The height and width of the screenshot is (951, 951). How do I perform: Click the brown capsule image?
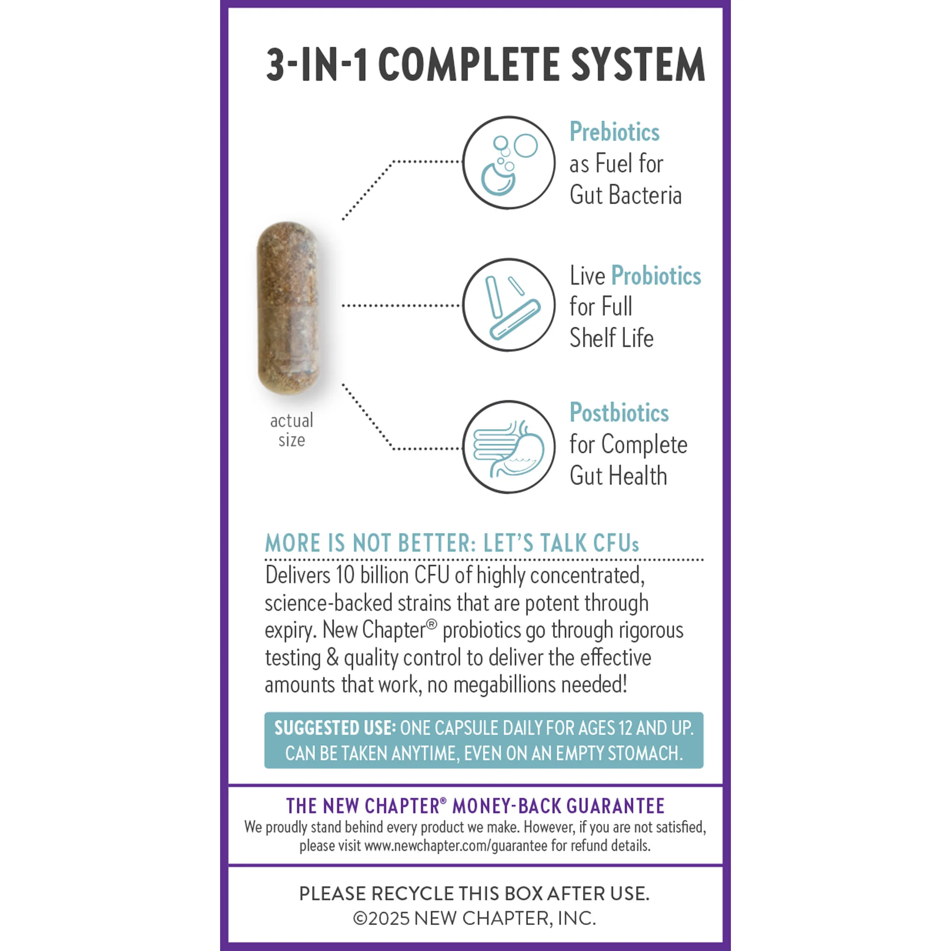pyautogui.click(x=288, y=308)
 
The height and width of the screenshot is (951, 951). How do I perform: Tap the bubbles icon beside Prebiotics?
pyautogui.click(x=508, y=163)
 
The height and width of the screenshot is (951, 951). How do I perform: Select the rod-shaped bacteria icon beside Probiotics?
pyautogui.click(x=508, y=305)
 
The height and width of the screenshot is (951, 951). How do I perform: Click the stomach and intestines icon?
pyautogui.click(x=508, y=447)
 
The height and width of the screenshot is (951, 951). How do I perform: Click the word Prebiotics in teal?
pyautogui.click(x=614, y=132)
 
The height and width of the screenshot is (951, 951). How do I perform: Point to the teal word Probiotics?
pyautogui.click(x=656, y=276)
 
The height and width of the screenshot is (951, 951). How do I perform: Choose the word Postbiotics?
pyautogui.click(x=619, y=412)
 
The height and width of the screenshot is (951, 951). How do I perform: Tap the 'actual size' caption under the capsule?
pyautogui.click(x=292, y=430)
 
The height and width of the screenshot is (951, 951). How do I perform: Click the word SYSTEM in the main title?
pyautogui.click(x=638, y=65)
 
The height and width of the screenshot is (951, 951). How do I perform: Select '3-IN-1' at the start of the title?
pyautogui.click(x=315, y=65)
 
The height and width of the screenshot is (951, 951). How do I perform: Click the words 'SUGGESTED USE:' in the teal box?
pyautogui.click(x=335, y=728)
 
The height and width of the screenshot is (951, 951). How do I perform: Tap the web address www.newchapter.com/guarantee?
pyautogui.click(x=456, y=846)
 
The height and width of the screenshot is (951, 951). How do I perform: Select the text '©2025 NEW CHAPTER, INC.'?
pyautogui.click(x=475, y=918)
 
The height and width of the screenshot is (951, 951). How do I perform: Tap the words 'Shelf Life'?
pyautogui.click(x=612, y=338)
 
